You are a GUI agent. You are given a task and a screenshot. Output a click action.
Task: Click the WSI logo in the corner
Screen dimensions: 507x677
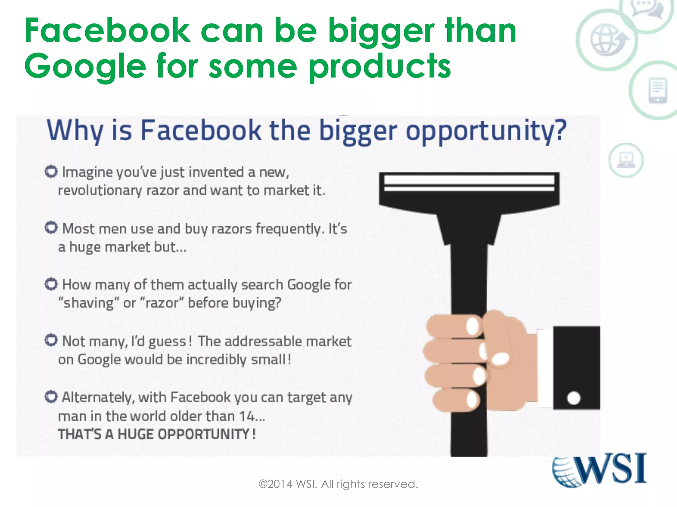click(x=599, y=470)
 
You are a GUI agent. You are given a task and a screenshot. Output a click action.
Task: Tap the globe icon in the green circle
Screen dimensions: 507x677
click(x=607, y=40)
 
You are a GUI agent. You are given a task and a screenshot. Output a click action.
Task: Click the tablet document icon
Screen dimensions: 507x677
click(x=658, y=90)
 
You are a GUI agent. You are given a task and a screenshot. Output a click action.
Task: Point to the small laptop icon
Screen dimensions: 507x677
click(x=626, y=160)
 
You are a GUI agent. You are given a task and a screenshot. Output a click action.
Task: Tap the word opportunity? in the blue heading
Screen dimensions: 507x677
click(x=486, y=131)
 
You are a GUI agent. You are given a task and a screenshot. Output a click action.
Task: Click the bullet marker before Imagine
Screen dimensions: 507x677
click(x=51, y=171)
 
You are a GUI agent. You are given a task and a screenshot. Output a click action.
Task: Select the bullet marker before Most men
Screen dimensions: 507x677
click(x=51, y=227)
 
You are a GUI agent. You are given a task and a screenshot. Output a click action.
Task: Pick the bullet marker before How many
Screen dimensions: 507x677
click(x=51, y=284)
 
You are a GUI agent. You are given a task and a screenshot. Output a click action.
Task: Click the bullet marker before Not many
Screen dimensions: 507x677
click(x=51, y=340)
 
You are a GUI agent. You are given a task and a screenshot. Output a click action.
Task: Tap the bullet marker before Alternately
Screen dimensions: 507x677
click(x=51, y=397)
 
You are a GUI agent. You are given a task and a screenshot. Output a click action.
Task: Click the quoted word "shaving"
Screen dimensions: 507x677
click(x=86, y=303)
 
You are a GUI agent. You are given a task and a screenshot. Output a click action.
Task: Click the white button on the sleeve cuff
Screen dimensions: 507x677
click(x=574, y=398)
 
